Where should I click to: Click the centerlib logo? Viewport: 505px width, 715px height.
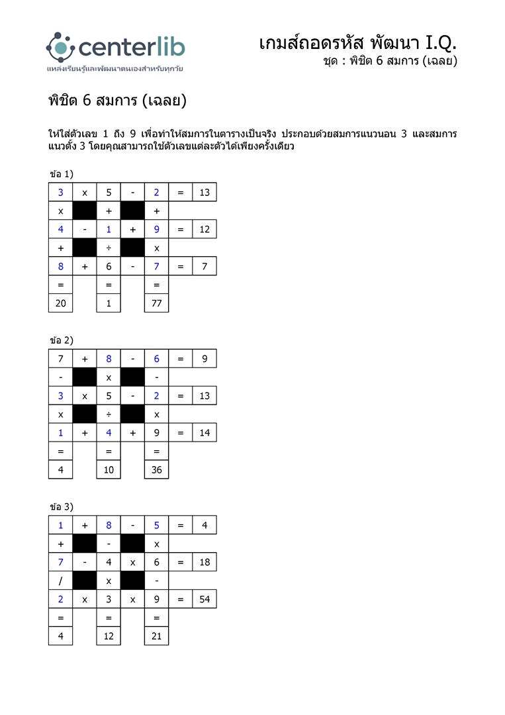pyautogui.click(x=115, y=48)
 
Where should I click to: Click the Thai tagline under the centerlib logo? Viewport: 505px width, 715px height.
pyautogui.click(x=115, y=68)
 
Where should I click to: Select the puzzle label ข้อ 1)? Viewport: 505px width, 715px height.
pyautogui.click(x=62, y=173)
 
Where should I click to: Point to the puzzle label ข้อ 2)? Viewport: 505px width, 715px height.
pyautogui.click(x=62, y=340)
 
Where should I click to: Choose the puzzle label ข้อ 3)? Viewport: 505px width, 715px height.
pyautogui.click(x=62, y=506)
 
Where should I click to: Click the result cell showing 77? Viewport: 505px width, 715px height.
pyautogui.click(x=157, y=303)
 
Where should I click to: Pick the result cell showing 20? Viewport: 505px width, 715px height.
pyautogui.click(x=60, y=303)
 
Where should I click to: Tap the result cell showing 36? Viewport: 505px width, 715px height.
pyautogui.click(x=157, y=469)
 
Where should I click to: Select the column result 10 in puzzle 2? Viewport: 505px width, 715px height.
pyautogui.click(x=109, y=469)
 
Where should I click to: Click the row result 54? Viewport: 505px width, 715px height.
pyautogui.click(x=205, y=599)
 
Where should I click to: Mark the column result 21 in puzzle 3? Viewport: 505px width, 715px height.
pyautogui.click(x=157, y=636)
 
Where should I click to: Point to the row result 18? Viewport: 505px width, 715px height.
pyautogui.click(x=205, y=562)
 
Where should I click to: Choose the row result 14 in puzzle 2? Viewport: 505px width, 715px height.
pyautogui.click(x=205, y=433)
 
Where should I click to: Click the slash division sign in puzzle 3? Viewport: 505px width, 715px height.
pyautogui.click(x=60, y=581)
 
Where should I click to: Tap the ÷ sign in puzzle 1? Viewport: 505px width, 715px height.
pyautogui.click(x=109, y=248)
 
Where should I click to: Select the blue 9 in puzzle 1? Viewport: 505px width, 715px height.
pyautogui.click(x=157, y=229)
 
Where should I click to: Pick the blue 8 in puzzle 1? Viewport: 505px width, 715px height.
pyautogui.click(x=60, y=266)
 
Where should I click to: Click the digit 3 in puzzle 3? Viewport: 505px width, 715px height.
pyautogui.click(x=109, y=599)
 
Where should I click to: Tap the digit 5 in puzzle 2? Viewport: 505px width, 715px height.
pyautogui.click(x=109, y=396)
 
